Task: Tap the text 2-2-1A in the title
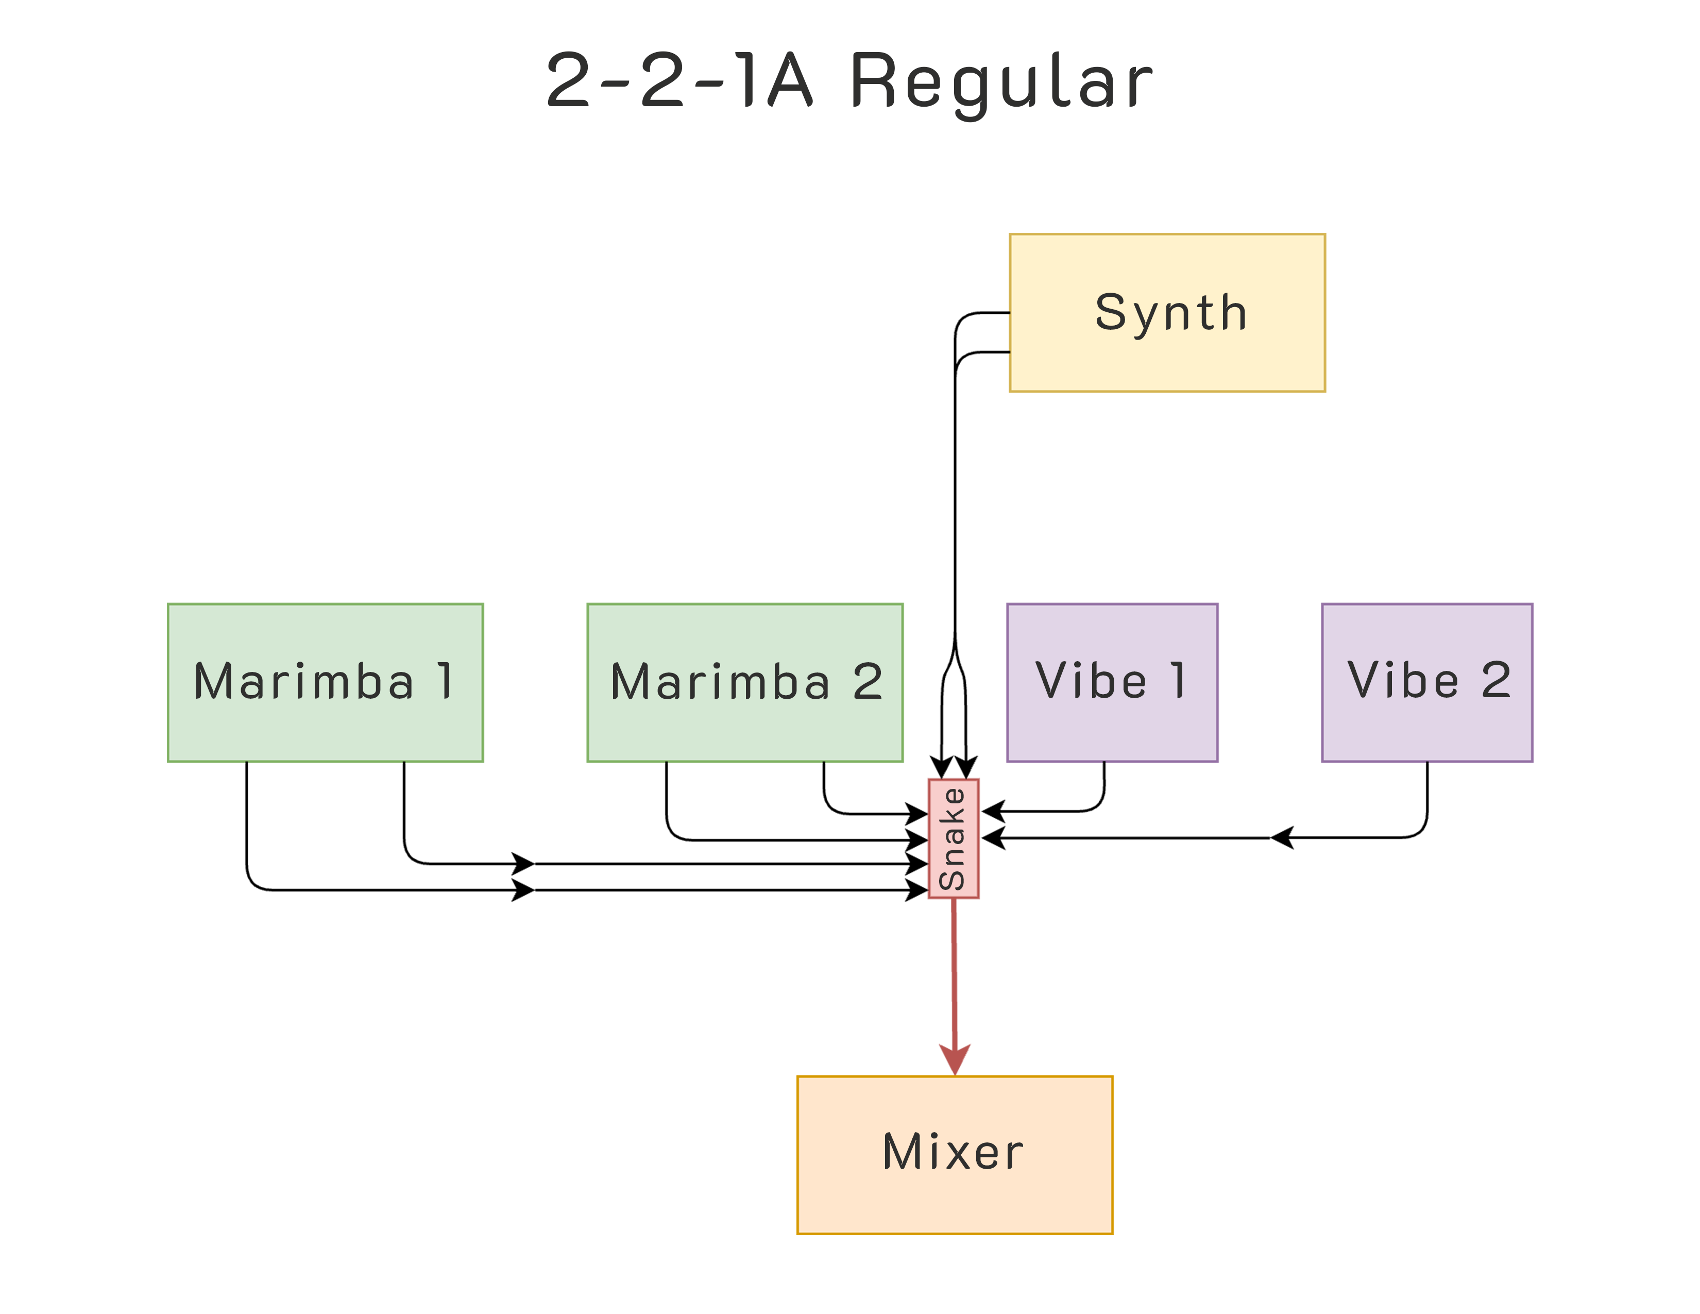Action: click(x=679, y=80)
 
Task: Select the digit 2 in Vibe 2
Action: click(x=1495, y=680)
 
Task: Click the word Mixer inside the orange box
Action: click(x=953, y=1152)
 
